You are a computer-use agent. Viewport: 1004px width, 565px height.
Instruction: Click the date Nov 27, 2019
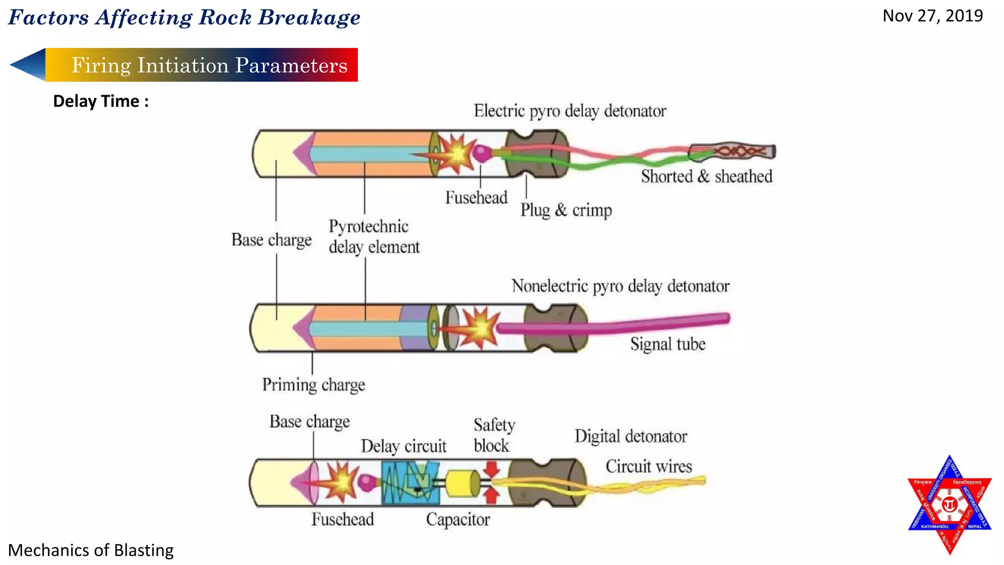click(x=932, y=16)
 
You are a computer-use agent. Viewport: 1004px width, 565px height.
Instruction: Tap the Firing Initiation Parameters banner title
click(x=209, y=65)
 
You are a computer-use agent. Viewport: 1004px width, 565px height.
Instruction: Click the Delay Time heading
click(x=100, y=101)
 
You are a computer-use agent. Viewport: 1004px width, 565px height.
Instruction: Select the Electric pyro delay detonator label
click(x=570, y=111)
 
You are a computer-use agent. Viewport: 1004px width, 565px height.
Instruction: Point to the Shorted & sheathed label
click(x=706, y=177)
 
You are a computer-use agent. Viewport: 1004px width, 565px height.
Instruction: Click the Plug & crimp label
click(x=566, y=210)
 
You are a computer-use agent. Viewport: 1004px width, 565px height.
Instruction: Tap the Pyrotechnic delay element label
click(x=374, y=236)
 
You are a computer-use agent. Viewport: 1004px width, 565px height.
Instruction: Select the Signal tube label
click(x=668, y=344)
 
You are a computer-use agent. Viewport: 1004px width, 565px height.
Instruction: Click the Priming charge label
click(x=313, y=385)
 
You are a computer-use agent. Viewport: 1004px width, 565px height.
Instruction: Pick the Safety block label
click(x=494, y=435)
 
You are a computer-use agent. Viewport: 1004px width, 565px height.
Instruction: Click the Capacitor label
click(x=458, y=519)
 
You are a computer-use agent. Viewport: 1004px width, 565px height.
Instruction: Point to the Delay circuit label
click(x=403, y=446)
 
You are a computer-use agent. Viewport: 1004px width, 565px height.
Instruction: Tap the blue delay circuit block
click(x=410, y=483)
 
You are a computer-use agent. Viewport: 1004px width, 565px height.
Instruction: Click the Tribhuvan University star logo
click(x=950, y=505)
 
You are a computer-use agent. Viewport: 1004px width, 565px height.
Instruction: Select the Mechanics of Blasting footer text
click(x=91, y=550)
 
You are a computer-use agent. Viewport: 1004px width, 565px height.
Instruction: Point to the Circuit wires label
click(x=649, y=466)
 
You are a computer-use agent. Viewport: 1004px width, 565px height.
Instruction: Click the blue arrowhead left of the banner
click(x=28, y=64)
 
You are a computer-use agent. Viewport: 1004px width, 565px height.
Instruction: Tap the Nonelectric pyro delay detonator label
click(x=620, y=286)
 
